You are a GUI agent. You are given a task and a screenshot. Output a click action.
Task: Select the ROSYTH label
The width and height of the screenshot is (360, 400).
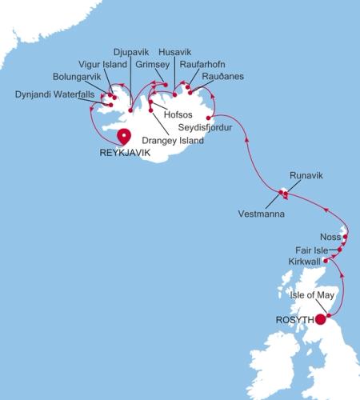click(x=294, y=320)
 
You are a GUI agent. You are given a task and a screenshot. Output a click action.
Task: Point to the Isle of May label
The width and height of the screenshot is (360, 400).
click(x=313, y=294)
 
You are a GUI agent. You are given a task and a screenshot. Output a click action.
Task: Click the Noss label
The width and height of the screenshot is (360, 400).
click(x=327, y=238)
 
